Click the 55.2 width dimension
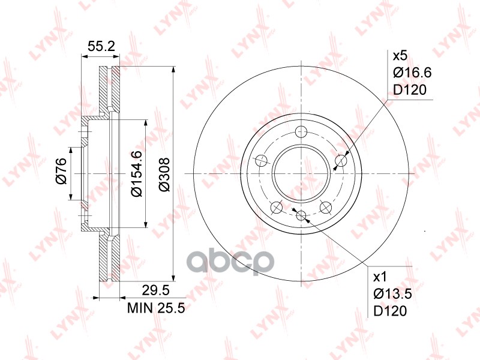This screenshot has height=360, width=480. [101, 46]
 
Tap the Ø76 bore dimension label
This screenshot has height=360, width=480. [61, 171]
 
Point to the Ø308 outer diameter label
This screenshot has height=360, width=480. [164, 175]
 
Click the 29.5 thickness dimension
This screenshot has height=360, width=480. [155, 290]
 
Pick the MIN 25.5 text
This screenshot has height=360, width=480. [156, 308]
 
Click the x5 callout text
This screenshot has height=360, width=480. [400, 56]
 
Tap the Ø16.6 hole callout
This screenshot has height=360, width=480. [412, 73]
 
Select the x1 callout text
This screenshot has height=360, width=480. [380, 277]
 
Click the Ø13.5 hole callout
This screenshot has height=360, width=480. [392, 294]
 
